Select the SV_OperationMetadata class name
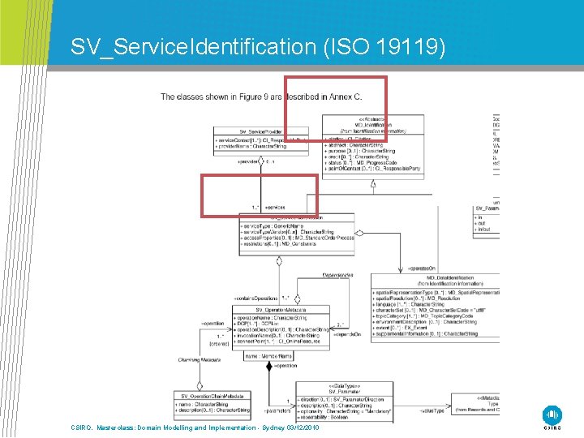click(281, 310)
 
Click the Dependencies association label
click(337, 275)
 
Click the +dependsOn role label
click(346, 333)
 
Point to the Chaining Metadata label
click(199, 359)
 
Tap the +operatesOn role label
click(423, 267)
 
